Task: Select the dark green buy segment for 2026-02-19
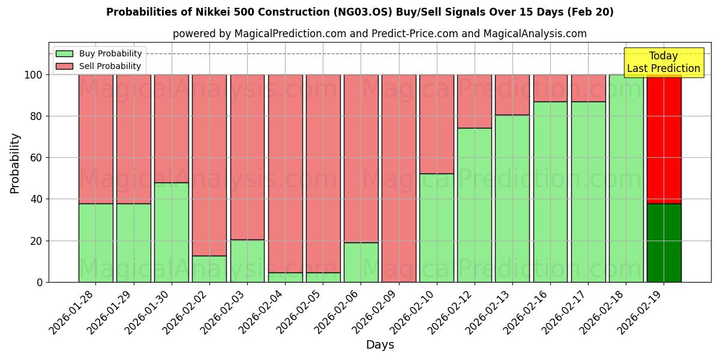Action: pyautogui.click(x=664, y=242)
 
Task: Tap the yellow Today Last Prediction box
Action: pyautogui.click(x=664, y=62)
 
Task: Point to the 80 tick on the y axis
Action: pyautogui.click(x=37, y=116)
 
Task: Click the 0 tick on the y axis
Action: pyautogui.click(x=40, y=282)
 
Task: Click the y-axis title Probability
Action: pyautogui.click(x=15, y=163)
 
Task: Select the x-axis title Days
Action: pyautogui.click(x=380, y=345)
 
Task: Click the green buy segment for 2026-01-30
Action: pyautogui.click(x=172, y=232)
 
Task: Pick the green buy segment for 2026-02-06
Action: pyautogui.click(x=361, y=262)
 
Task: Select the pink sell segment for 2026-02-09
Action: pyautogui.click(x=399, y=178)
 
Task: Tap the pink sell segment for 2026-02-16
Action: pyautogui.click(x=550, y=88)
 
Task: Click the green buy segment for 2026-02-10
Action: pyautogui.click(x=437, y=228)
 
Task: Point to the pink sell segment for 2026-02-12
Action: pyautogui.click(x=475, y=101)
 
